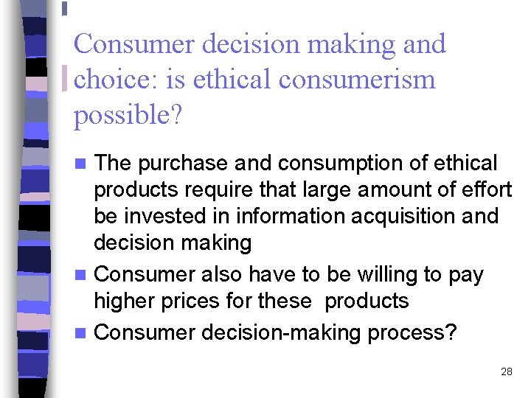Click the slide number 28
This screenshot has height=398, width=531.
tap(506, 371)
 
